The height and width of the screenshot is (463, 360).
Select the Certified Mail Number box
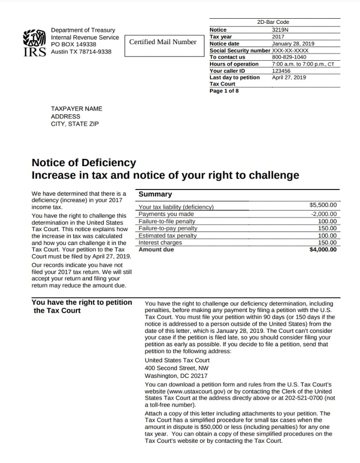[163, 42]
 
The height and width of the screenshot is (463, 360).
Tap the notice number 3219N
[280, 30]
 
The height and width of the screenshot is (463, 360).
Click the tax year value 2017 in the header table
[278, 37]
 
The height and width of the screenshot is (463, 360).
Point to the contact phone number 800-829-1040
[289, 57]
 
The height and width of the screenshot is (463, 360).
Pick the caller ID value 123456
[281, 71]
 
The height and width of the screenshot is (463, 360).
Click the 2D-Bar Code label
[273, 22]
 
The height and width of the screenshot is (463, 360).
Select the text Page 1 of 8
[224, 91]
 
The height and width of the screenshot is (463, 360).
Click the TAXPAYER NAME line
[76, 108]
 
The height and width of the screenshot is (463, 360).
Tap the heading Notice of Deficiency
[84, 163]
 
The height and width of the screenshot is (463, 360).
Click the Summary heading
[155, 194]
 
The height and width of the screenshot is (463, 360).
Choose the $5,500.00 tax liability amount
[323, 206]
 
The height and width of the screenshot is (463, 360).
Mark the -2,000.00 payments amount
[324, 214]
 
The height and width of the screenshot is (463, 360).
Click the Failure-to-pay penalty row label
[168, 228]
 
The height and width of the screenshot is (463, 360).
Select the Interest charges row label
[160, 242]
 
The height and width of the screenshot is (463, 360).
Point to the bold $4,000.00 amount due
[323, 250]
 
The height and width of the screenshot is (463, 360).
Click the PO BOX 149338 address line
[73, 45]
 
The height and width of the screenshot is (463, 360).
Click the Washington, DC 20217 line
[176, 376]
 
